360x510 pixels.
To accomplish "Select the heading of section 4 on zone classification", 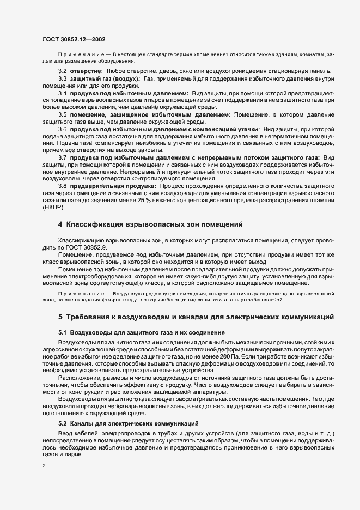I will pyautogui.click(x=150, y=224).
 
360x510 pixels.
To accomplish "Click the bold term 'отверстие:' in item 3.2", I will pyautogui.click(x=85, y=71).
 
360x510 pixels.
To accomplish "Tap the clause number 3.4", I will pyautogui.click(x=63, y=94).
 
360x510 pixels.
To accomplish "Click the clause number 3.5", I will pyautogui.click(x=63, y=114).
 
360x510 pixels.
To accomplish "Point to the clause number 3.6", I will pyautogui.click(x=63, y=129).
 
